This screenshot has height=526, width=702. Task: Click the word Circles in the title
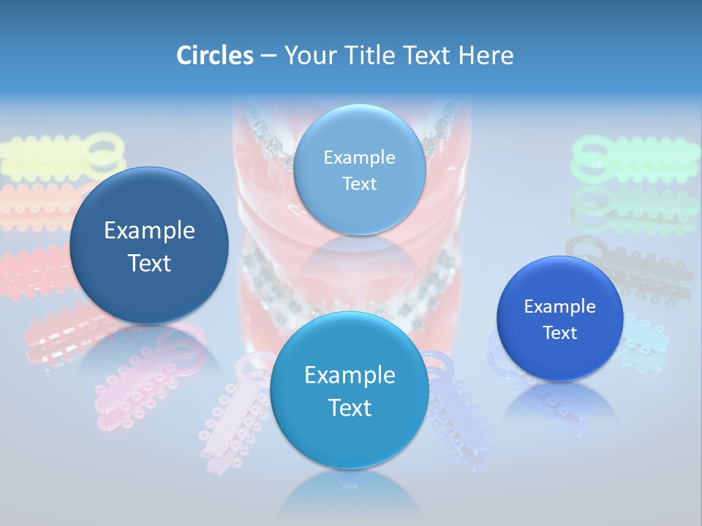214,56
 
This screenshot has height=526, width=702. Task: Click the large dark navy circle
149,245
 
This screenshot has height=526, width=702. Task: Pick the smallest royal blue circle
560,319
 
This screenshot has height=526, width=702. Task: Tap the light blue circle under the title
359,170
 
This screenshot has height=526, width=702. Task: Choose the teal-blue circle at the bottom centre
350,390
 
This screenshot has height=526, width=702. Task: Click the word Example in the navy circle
149,231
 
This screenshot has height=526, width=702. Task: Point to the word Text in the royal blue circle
560,333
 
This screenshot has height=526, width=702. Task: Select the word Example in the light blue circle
359,157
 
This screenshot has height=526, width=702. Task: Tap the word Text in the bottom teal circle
350,408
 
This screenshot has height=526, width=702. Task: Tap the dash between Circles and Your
268,56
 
